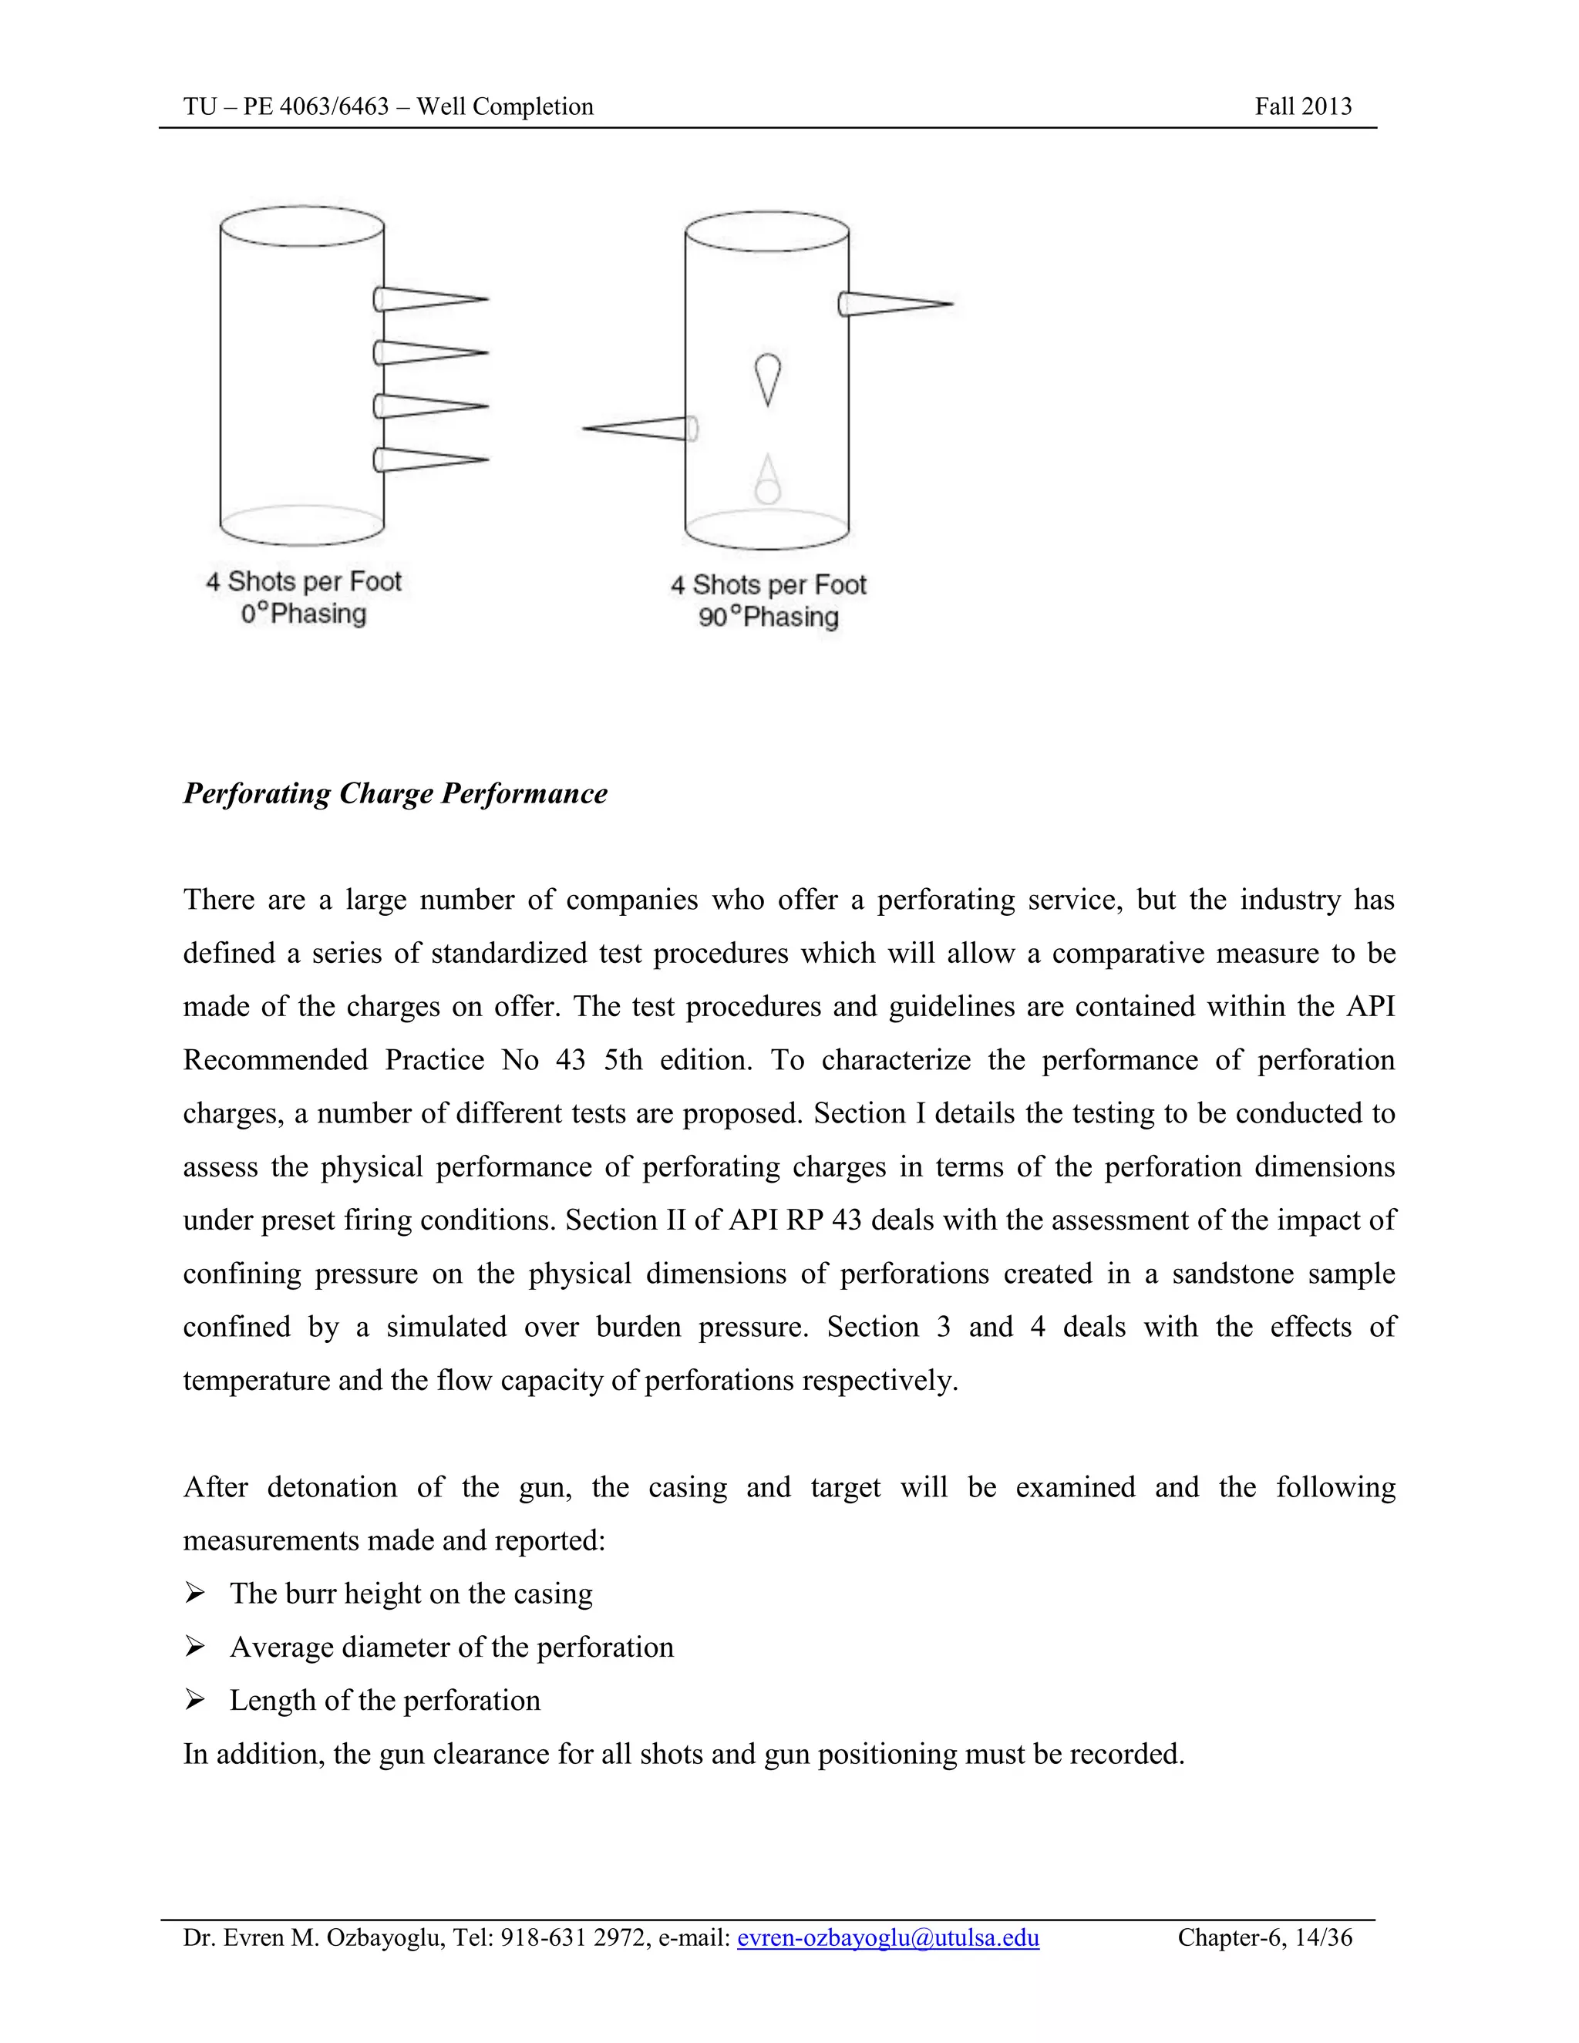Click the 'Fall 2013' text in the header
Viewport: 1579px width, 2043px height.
coord(1302,106)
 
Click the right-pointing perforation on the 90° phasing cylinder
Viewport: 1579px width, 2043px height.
coord(894,304)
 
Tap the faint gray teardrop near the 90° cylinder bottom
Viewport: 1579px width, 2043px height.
coord(767,479)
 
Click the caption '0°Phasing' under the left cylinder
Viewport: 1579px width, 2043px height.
coord(303,614)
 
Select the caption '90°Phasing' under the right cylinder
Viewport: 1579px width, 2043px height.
coord(768,618)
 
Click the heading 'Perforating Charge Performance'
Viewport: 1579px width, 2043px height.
coord(395,793)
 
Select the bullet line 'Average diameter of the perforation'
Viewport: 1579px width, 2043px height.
coord(451,1647)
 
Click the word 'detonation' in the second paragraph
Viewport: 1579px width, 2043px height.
coord(332,1486)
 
